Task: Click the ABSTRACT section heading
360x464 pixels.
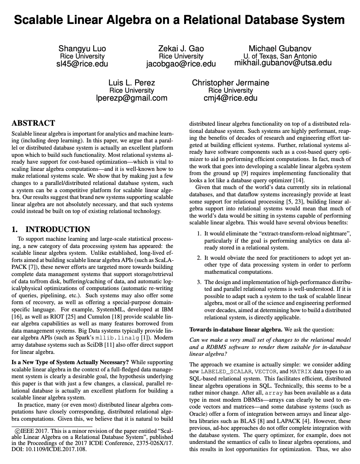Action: [x=33, y=123]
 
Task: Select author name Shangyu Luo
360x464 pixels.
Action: [x=82, y=49]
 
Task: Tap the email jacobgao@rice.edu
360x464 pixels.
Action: [x=181, y=64]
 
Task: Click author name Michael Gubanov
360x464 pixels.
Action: [x=280, y=49]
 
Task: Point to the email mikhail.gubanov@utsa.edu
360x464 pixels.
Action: [x=283, y=63]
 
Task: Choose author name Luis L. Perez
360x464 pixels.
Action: [x=132, y=83]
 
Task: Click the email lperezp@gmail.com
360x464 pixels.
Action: [x=132, y=98]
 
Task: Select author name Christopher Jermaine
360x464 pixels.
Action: [x=231, y=83]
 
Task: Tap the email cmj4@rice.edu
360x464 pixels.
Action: [x=231, y=98]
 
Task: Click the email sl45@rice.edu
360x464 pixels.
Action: [x=82, y=64]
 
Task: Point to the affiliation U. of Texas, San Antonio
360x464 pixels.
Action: [x=280, y=56]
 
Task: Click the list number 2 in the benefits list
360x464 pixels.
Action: [x=199, y=258]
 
